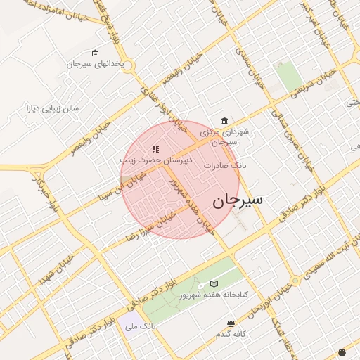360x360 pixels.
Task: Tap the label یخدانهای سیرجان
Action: (95, 64)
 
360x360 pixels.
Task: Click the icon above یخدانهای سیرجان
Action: (96, 53)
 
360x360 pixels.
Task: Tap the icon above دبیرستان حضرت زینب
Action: (155, 149)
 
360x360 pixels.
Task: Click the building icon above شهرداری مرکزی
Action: (224, 121)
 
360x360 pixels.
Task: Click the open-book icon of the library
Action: (214, 284)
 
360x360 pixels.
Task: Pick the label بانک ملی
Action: (139, 326)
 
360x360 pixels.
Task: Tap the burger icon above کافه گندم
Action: (231, 323)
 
